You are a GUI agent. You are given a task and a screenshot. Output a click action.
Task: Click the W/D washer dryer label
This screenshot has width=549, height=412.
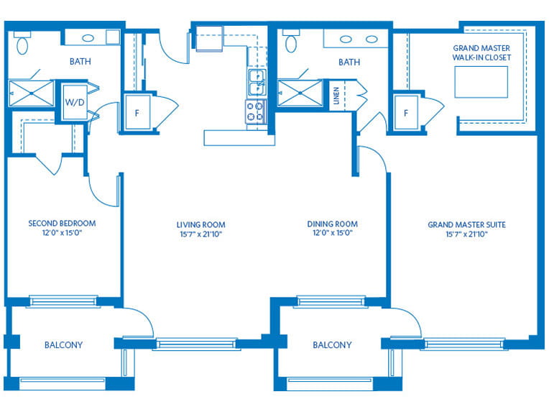pos(75,102)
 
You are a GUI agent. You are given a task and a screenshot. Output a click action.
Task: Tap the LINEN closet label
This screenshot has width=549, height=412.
pos(336,96)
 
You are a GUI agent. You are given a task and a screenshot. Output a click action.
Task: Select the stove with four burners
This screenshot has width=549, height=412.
pos(256,111)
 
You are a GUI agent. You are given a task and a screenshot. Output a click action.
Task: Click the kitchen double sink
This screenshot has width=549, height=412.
pos(257,83)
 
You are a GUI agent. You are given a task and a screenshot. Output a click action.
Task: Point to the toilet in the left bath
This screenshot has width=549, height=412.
pos(22,42)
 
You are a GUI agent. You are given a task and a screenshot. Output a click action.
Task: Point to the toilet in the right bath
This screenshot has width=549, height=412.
pos(291,41)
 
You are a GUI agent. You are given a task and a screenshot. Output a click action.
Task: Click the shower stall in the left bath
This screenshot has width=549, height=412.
pos(31,93)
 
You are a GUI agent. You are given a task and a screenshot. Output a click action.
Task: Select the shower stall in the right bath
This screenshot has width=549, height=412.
pos(300,93)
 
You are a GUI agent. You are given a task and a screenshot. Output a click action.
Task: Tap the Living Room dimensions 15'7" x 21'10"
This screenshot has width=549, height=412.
pos(201,234)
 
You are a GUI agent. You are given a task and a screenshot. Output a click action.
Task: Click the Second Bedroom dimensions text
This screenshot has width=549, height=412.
pos(62,233)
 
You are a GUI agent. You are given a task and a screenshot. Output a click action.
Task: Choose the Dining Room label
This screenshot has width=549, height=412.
pos(332,224)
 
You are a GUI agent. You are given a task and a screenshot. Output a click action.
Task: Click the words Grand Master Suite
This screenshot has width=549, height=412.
pos(466,224)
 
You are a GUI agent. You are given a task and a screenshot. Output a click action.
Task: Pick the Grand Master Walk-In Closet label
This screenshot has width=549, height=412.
pos(481,52)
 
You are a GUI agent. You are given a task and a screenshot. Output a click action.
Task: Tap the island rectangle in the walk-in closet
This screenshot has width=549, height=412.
pos(481,82)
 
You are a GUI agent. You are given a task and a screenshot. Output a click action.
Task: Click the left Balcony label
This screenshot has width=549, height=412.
pos(63,345)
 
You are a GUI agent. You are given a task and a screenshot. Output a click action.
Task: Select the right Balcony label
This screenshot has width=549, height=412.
pos(332,345)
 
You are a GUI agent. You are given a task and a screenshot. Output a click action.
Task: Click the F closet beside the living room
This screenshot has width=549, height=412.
pos(137,112)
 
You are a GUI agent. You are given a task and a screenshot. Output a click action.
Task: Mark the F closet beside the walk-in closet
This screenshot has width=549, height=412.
pos(406,113)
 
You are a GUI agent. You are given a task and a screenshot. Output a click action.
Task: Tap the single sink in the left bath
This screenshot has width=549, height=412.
pos(88,38)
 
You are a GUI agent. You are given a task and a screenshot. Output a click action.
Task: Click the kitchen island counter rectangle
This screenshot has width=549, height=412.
pos(239,137)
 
